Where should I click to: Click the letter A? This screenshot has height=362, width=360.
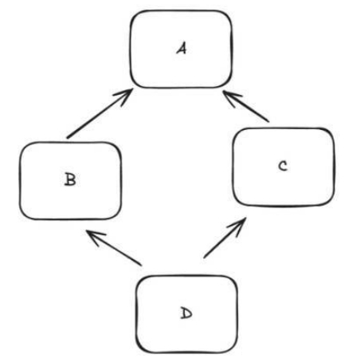[182, 49]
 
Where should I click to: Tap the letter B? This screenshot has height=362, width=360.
[70, 179]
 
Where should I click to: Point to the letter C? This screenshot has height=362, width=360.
[283, 166]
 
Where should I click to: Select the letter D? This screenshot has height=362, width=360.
[186, 313]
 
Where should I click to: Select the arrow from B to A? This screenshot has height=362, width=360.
[100, 113]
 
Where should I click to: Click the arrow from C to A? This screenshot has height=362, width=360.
[246, 106]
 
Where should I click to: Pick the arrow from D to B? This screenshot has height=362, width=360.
[114, 248]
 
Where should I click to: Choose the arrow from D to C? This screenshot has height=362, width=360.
[225, 238]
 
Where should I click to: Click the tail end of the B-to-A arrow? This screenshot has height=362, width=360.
[68, 138]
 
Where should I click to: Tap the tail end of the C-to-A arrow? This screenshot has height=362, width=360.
[268, 121]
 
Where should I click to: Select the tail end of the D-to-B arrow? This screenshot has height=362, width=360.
[140, 265]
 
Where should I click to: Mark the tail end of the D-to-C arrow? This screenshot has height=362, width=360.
[204, 258]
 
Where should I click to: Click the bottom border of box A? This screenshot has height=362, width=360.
[181, 87]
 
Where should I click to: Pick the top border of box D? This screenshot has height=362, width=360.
[186, 276]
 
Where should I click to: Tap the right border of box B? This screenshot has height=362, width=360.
[121, 181]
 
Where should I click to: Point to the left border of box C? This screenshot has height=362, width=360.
[233, 167]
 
